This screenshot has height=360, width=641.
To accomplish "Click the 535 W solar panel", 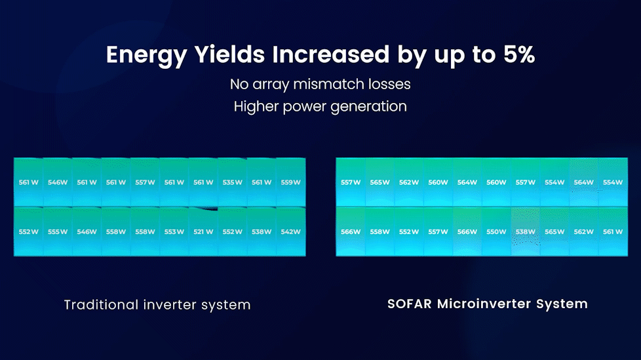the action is pyautogui.click(x=232, y=182).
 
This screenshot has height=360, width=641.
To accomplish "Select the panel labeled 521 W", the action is pyautogui.click(x=203, y=232).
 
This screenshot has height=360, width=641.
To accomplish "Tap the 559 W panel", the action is pyautogui.click(x=290, y=182).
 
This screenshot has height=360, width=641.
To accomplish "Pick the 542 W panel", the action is pyautogui.click(x=290, y=232).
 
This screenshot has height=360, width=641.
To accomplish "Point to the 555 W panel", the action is pyautogui.click(x=58, y=232).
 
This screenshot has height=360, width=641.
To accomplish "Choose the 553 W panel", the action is pyautogui.click(x=174, y=232).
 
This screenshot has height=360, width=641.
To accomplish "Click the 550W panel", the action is pyautogui.click(x=496, y=232).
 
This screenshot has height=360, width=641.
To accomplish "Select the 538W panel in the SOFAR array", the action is pyautogui.click(x=525, y=232).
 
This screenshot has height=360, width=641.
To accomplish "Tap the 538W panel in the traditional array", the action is pyautogui.click(x=262, y=232).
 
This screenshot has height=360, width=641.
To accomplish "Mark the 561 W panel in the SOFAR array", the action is pyautogui.click(x=613, y=232).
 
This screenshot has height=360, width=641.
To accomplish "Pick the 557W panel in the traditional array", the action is pyautogui.click(x=145, y=182).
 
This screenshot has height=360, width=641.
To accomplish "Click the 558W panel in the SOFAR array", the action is pyautogui.click(x=379, y=232).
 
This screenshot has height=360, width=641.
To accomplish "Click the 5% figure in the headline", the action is pyautogui.click(x=519, y=54).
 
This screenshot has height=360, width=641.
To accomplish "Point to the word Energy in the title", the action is pyautogui.click(x=147, y=55).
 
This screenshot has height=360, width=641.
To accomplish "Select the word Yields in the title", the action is pyautogui.click(x=229, y=54).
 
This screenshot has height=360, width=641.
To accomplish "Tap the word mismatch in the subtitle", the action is pyautogui.click(x=328, y=84).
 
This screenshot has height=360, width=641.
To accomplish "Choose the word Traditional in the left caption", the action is pyautogui.click(x=102, y=305).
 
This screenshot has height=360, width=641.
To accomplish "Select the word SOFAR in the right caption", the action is pyautogui.click(x=410, y=304).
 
